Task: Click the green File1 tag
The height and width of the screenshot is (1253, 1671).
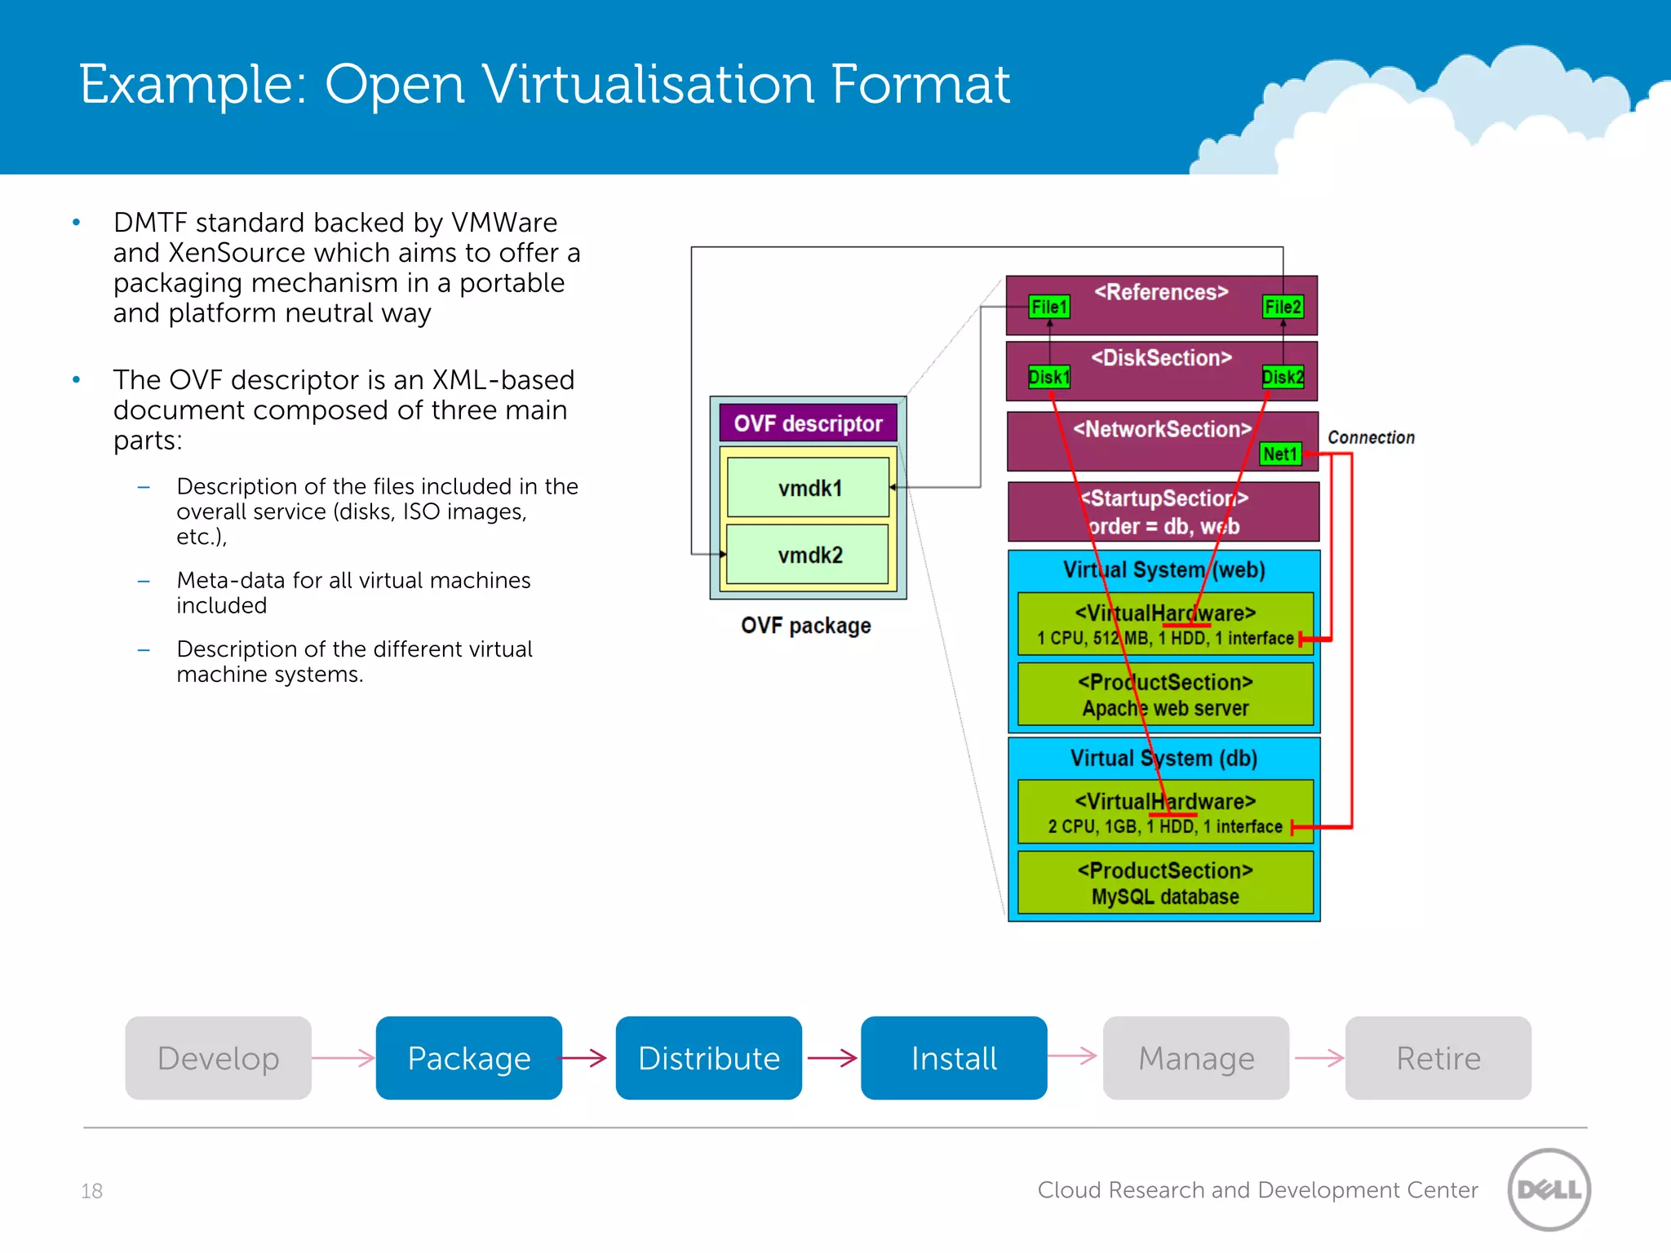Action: [x=1048, y=307]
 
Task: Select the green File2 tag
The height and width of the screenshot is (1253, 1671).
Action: [x=1282, y=307]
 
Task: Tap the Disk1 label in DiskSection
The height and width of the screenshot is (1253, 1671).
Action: [x=1048, y=377]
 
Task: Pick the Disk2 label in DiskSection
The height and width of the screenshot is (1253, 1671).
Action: [x=1282, y=377]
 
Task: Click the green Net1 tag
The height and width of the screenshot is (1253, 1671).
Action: [x=1279, y=454]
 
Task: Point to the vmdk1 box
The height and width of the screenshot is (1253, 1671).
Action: [x=808, y=488]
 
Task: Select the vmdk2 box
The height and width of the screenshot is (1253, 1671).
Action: [x=808, y=555]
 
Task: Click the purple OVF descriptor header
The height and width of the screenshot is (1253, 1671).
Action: [x=808, y=423]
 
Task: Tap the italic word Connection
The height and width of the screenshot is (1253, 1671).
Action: [x=1371, y=437]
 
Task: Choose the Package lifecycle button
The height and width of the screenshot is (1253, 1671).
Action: [x=468, y=1058]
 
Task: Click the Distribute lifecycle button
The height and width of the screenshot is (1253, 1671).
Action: [x=708, y=1058]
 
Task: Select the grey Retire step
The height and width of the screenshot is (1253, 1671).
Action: [x=1438, y=1058]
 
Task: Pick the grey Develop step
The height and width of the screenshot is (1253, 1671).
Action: [x=218, y=1058]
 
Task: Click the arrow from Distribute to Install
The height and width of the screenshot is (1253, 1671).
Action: [x=831, y=1058]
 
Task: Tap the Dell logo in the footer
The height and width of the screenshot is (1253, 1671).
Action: [x=1549, y=1189]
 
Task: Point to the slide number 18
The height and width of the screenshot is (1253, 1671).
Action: [x=91, y=1191]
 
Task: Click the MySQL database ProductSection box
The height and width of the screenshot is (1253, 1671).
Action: [x=1165, y=883]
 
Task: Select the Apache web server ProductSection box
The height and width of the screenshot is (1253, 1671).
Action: [x=1165, y=694]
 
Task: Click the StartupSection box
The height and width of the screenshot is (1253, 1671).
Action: [x=1163, y=511]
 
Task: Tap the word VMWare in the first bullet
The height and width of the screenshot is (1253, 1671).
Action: [x=503, y=222]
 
